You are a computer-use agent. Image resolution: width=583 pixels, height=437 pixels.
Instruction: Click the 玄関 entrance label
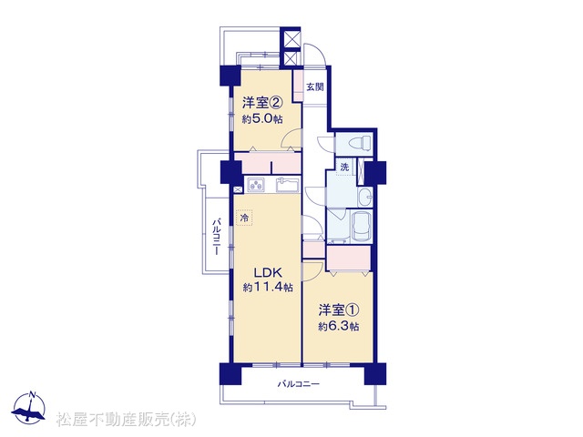click(x=315, y=87)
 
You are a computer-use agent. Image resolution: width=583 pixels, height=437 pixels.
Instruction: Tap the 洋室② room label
click(x=261, y=102)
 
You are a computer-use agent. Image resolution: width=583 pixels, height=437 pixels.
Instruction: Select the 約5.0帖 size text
click(x=262, y=119)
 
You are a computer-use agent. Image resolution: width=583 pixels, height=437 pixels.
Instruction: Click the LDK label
click(x=268, y=272)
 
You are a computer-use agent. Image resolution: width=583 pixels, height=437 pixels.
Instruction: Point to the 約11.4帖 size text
click(x=268, y=287)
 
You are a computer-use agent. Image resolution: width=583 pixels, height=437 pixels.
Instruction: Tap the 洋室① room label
click(x=338, y=310)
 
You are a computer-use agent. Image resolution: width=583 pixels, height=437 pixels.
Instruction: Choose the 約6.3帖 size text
click(x=339, y=327)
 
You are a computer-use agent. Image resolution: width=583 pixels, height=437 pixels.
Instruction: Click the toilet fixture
click(x=358, y=142)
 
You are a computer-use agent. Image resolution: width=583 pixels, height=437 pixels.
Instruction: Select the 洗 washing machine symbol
click(x=344, y=167)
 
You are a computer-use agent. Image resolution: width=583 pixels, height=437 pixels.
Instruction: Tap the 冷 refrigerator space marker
click(x=244, y=218)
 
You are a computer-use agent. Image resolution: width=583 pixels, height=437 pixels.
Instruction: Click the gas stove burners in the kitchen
click(x=256, y=184)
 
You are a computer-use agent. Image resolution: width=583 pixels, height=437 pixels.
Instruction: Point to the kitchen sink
click(x=288, y=184)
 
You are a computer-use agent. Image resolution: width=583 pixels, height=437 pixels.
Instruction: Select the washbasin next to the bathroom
click(x=365, y=197)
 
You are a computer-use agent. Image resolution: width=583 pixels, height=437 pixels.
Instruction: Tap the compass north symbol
click(x=29, y=407)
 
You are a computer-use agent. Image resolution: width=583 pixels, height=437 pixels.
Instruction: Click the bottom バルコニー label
click(x=299, y=383)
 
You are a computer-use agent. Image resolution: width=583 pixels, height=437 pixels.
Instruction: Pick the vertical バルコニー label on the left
click(x=216, y=237)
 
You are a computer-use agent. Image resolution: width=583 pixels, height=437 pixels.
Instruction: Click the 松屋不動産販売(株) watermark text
click(x=126, y=420)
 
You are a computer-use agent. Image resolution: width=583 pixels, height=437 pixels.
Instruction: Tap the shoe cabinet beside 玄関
click(x=298, y=85)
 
